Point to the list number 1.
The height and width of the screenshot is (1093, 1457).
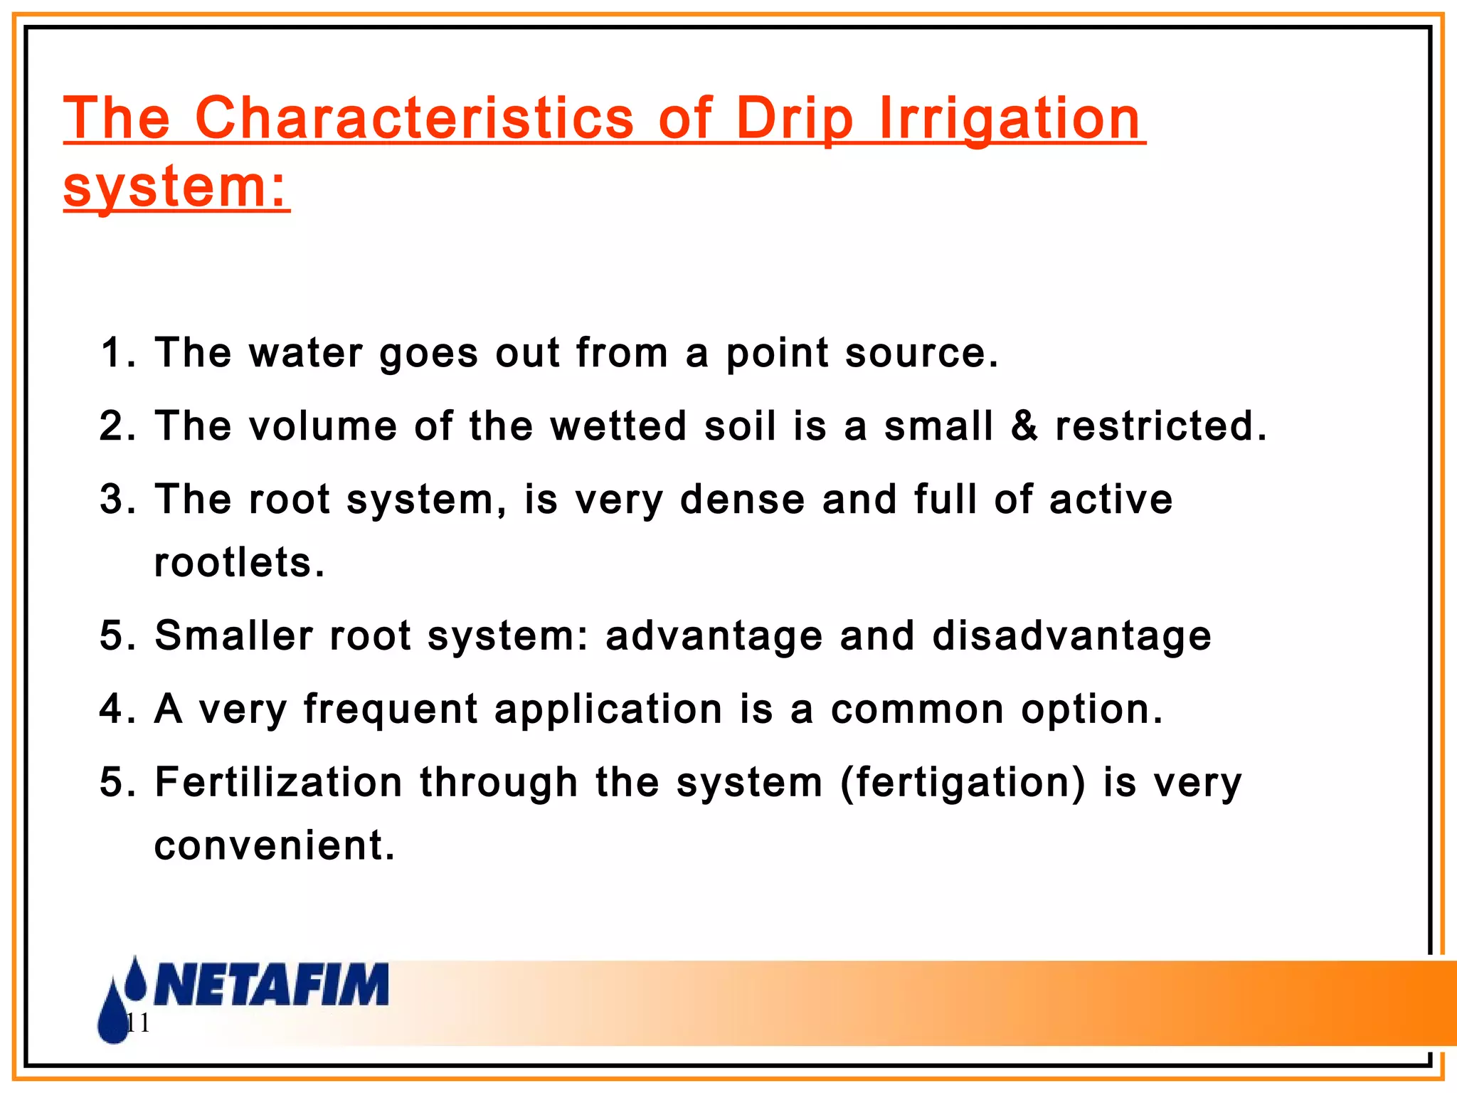point(114,353)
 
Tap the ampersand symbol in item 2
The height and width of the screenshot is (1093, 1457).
point(1024,426)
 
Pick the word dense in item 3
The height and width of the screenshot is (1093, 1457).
point(742,500)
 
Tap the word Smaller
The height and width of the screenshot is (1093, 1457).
point(233,635)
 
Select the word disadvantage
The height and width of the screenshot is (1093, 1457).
point(1071,635)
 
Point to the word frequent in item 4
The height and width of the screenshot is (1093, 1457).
point(391,709)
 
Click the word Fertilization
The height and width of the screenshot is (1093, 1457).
point(278,782)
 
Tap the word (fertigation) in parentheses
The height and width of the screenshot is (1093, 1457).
point(963,782)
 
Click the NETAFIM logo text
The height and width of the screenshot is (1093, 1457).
point(272,986)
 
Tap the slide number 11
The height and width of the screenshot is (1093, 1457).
point(138,1023)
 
